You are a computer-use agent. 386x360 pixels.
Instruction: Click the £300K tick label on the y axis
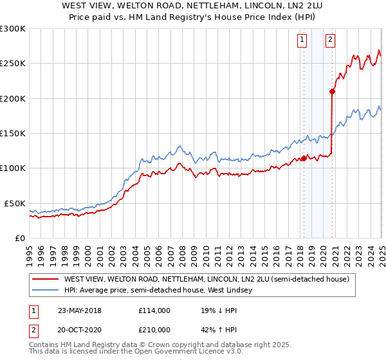13,29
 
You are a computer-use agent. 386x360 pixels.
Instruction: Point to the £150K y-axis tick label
13,134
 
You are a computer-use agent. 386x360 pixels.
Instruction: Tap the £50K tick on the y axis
15,203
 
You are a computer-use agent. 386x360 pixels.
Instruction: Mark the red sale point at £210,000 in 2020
332,91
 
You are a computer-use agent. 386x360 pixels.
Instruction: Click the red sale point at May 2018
304,158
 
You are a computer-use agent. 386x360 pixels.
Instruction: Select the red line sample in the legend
45,280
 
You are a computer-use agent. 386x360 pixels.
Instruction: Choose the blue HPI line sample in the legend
45,291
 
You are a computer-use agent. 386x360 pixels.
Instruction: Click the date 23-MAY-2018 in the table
80,310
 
